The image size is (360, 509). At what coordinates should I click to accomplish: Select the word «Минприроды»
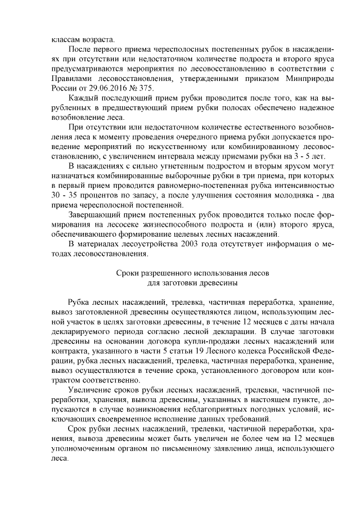point(309,79)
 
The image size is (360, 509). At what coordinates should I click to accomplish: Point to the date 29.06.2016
point(107,89)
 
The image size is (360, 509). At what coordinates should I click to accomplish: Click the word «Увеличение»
point(91,389)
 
